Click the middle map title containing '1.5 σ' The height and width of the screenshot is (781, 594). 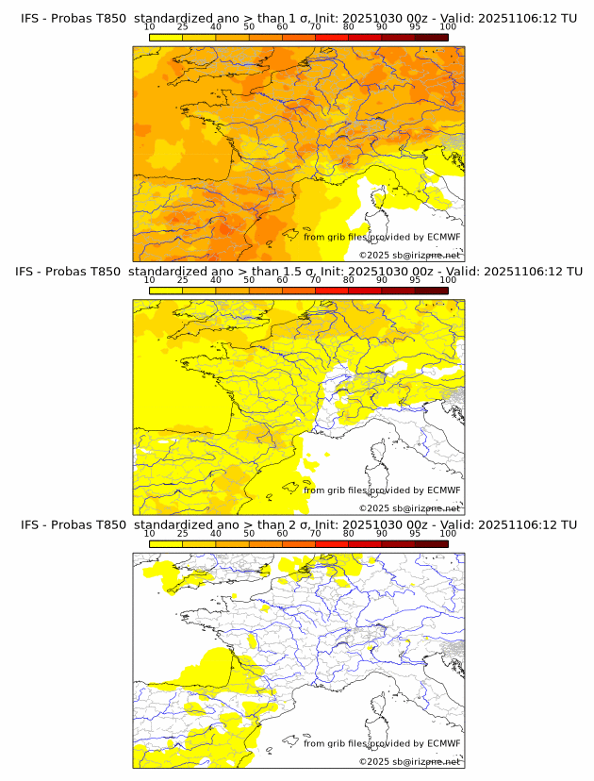tap(298, 271)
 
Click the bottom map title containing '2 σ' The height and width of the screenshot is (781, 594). tap(298, 524)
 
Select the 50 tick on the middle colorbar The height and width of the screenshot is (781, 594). tap(249, 280)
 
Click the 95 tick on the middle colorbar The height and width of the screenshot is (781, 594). tap(415, 280)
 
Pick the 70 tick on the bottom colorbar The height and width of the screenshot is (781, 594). tap(315, 534)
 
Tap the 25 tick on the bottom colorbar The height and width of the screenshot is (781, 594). tap(183, 534)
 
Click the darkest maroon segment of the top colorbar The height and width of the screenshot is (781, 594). tap(431, 37)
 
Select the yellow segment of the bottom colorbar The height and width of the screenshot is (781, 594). tap(166, 544)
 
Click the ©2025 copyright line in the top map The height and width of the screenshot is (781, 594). tap(409, 256)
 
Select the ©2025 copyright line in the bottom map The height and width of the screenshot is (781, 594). tap(409, 762)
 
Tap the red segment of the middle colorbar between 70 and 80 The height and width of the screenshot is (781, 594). tap(331, 291)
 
